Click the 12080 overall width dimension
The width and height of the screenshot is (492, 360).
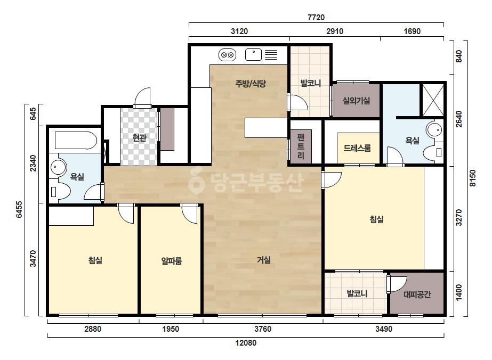click(x=246, y=343)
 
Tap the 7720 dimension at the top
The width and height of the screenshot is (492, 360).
click(x=316, y=17)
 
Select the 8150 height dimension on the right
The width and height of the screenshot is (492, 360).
click(x=473, y=178)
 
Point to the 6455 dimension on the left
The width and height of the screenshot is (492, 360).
click(x=19, y=209)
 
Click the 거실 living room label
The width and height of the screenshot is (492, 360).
click(x=264, y=260)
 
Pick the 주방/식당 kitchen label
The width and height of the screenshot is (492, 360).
click(x=251, y=84)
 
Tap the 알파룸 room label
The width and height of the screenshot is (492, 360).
click(x=172, y=260)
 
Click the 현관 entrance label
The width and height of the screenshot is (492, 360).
click(x=139, y=137)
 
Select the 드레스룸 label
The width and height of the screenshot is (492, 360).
click(x=357, y=148)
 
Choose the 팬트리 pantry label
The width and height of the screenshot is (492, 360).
click(x=301, y=146)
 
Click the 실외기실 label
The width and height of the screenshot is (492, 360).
click(x=356, y=101)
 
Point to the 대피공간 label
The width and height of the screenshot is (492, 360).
click(x=417, y=294)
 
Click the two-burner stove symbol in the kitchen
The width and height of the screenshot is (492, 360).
click(x=227, y=55)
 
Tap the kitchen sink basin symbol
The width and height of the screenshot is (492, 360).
click(x=253, y=54)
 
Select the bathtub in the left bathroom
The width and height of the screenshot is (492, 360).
click(x=76, y=141)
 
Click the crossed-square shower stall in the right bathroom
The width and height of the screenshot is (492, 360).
click(x=433, y=100)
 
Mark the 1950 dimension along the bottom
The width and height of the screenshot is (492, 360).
click(x=171, y=329)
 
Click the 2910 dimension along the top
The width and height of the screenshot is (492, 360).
click(x=334, y=31)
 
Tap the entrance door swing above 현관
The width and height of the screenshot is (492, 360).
click(x=143, y=97)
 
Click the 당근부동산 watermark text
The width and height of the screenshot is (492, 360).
click(x=246, y=182)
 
